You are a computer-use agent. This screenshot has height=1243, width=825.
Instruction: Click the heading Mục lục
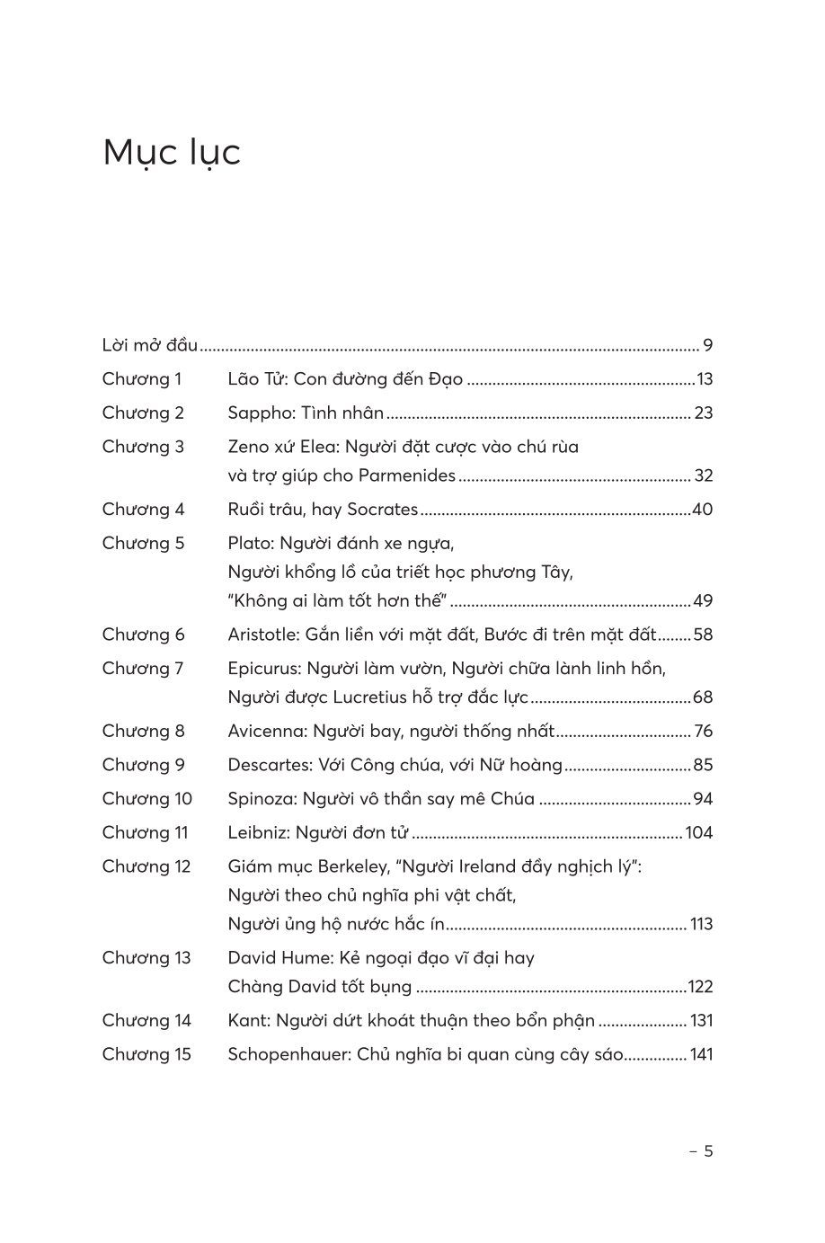[172, 153]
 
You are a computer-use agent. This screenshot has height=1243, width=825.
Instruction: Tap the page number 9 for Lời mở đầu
[707, 345]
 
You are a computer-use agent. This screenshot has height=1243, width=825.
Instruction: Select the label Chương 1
[142, 379]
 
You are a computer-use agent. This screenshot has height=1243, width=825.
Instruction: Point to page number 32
[703, 475]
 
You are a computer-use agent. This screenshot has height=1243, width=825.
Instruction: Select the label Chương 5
[143, 543]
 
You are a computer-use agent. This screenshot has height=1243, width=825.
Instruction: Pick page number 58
[703, 635]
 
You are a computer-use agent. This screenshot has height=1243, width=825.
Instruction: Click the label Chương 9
[143, 765]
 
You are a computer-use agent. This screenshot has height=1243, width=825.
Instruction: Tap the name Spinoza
[262, 799]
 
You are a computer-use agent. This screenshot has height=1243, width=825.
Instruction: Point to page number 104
[698, 832]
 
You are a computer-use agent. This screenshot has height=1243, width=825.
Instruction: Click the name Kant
[247, 1020]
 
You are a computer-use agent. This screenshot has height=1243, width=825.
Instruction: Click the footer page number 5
[707, 1150]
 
